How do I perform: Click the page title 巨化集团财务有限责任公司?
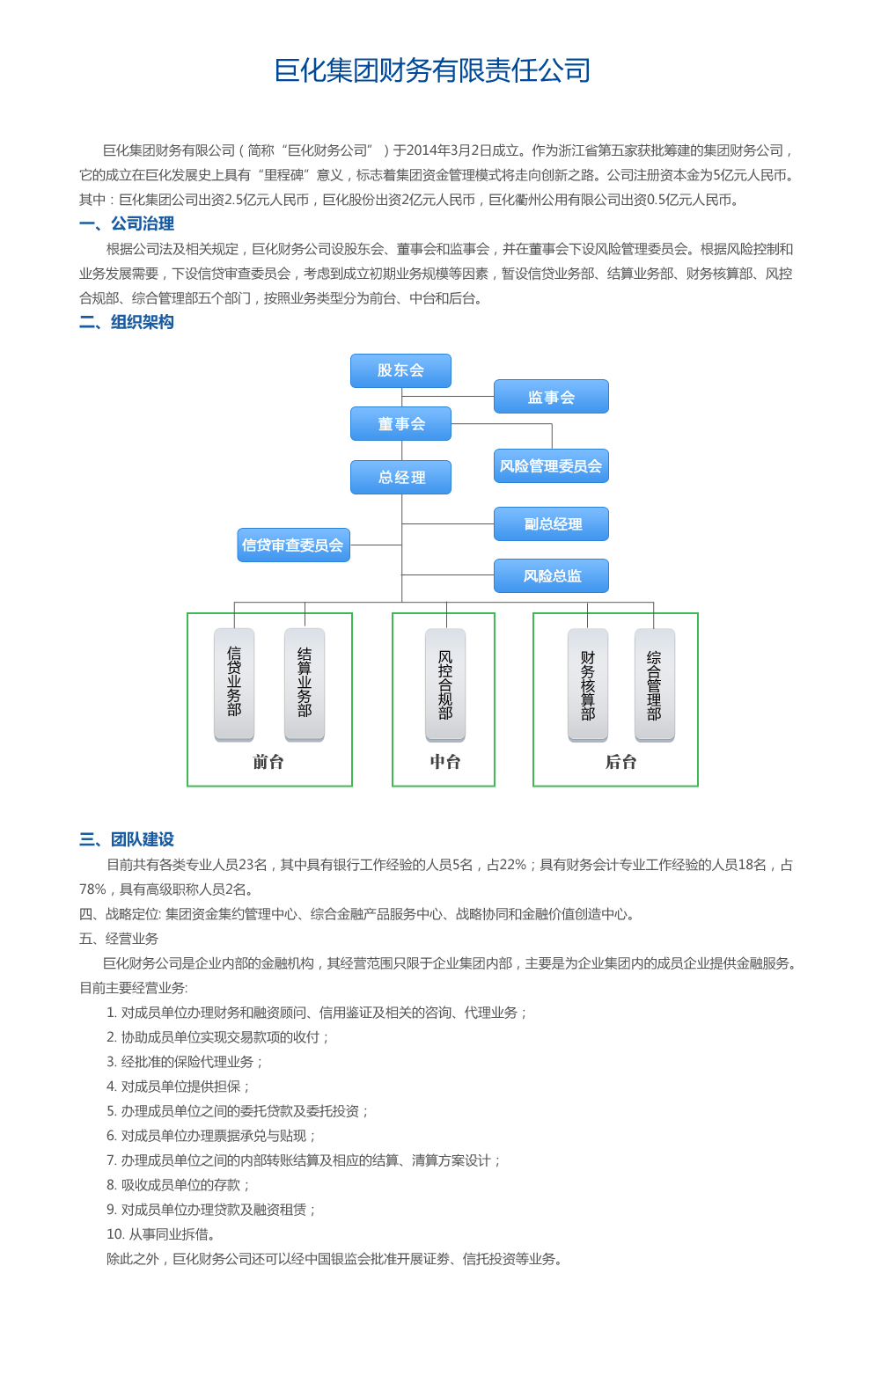[432, 70]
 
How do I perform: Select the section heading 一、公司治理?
[127, 223]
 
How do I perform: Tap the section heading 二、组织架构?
[127, 322]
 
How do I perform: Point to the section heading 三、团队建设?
[127, 839]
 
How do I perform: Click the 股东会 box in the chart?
[401, 370]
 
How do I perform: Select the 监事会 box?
[551, 397]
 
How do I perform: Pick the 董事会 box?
[401, 423]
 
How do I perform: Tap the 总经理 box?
[401, 477]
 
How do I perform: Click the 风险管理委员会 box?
[551, 465]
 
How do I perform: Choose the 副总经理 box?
[551, 524]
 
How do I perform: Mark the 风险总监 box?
[551, 576]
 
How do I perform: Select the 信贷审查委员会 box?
[293, 545]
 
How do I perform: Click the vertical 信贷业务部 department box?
[234, 684]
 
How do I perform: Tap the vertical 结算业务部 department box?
[305, 684]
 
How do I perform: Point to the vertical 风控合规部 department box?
[445, 684]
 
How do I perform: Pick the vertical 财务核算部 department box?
[588, 684]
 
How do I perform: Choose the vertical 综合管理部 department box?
[654, 684]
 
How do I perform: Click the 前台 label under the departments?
[268, 762]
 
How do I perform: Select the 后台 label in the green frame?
[620, 762]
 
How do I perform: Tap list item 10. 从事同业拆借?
[161, 1234]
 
